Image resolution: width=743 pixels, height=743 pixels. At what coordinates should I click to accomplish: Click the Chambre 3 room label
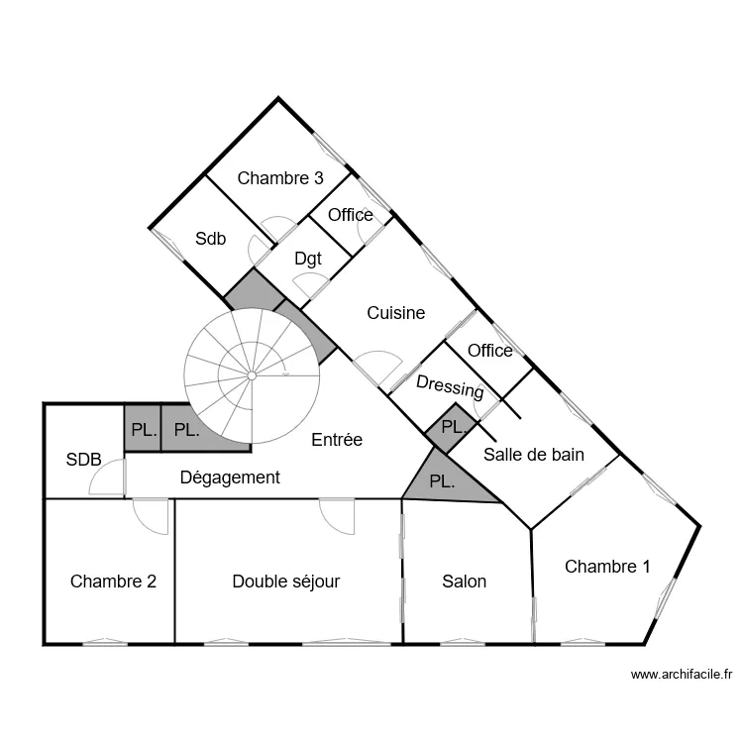(x=280, y=179)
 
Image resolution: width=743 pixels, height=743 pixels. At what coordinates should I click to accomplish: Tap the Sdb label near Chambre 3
(x=210, y=239)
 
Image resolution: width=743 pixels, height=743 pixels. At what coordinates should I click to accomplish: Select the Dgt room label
(x=308, y=259)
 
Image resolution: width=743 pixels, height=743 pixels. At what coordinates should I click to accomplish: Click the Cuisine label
(x=395, y=313)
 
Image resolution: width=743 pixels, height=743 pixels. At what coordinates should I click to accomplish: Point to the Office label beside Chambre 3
(x=350, y=215)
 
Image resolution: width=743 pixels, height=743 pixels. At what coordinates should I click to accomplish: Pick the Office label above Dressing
(x=489, y=351)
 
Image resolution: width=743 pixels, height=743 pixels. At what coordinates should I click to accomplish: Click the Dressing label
(x=450, y=386)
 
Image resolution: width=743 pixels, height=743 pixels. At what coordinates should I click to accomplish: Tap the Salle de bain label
(x=533, y=455)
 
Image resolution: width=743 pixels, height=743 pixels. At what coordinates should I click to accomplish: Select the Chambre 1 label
(x=607, y=567)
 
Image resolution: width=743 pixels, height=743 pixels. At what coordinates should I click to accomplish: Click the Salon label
(x=464, y=582)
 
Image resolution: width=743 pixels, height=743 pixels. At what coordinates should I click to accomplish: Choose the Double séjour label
(x=285, y=582)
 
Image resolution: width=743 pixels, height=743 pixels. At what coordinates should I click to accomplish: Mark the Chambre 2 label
(x=113, y=582)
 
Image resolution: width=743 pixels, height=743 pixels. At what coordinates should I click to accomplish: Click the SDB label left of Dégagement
(x=83, y=460)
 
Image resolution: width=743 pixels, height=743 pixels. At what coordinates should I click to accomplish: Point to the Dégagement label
(x=230, y=478)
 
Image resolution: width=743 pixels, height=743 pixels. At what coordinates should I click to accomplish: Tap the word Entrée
(x=337, y=440)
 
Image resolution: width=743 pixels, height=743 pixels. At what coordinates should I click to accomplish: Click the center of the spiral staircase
(x=252, y=375)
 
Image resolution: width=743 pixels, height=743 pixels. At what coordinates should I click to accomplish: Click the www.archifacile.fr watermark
(x=681, y=675)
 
